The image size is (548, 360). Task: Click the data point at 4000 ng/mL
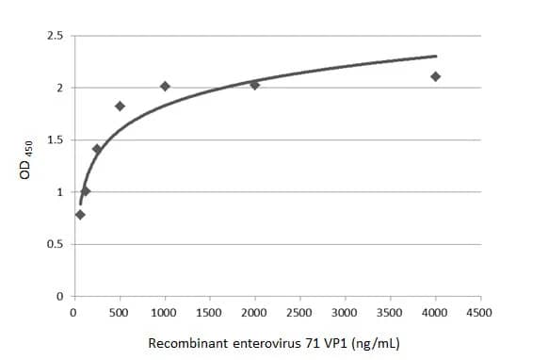click(435, 76)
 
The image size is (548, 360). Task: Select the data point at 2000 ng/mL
click(254, 85)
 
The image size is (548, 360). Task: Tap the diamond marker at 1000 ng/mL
click(165, 87)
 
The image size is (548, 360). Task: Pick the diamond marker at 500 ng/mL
click(120, 106)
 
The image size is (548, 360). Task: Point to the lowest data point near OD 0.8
click(80, 214)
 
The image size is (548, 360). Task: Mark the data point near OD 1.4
click(97, 149)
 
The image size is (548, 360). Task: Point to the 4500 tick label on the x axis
click(480, 312)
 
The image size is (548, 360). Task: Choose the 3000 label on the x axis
click(345, 312)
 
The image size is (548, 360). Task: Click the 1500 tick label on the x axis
click(209, 312)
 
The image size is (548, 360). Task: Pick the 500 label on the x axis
click(120, 312)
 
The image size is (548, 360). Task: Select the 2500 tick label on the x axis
click(299, 312)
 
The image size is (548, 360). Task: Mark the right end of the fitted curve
click(436, 56)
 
